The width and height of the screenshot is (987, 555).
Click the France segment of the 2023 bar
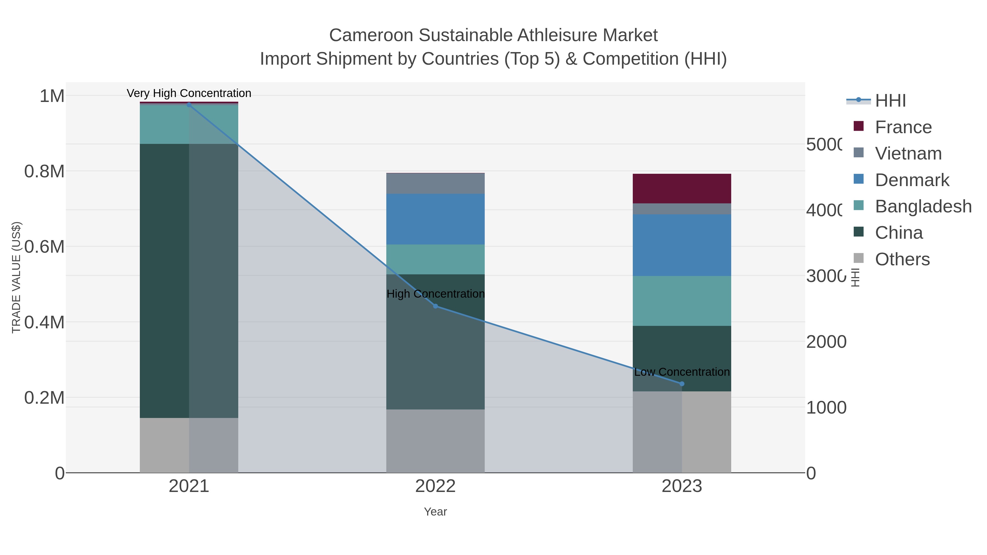pyautogui.click(x=682, y=189)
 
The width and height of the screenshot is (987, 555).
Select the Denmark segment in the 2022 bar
pyautogui.click(x=435, y=219)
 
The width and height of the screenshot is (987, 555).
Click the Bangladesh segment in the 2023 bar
pyautogui.click(x=682, y=301)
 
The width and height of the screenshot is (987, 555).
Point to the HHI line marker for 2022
pyautogui.click(x=435, y=306)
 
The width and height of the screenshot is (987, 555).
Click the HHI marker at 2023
pyautogui.click(x=682, y=384)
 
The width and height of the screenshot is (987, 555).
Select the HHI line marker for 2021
pyautogui.click(x=189, y=105)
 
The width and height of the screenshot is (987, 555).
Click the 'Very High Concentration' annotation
pyautogui.click(x=189, y=93)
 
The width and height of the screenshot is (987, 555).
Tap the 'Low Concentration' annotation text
pyautogui.click(x=682, y=372)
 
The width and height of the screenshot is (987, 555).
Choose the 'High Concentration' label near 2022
pyautogui.click(x=435, y=294)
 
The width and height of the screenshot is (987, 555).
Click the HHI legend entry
pyautogui.click(x=890, y=101)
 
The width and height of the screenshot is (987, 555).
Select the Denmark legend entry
pyautogui.click(x=912, y=180)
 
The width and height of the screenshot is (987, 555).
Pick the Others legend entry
pyautogui.click(x=902, y=259)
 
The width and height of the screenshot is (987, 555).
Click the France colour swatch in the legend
pyautogui.click(x=859, y=126)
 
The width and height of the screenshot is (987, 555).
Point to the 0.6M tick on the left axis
pyautogui.click(x=44, y=247)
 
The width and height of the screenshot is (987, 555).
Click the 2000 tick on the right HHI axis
pyautogui.click(x=826, y=342)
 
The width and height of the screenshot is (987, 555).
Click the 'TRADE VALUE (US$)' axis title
pyautogui.click(x=16, y=277)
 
